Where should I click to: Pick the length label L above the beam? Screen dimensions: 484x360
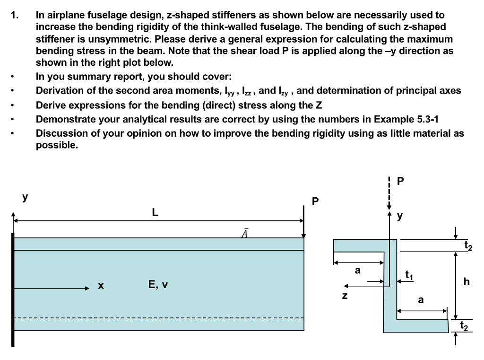(x=155, y=213)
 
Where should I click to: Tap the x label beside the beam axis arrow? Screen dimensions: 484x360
(x=100, y=286)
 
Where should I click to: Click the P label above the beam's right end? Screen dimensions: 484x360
(x=315, y=202)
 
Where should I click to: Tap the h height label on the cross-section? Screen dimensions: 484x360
(x=467, y=282)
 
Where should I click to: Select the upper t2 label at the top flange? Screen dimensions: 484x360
(x=468, y=245)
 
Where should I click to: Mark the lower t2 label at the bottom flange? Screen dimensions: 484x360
(x=466, y=325)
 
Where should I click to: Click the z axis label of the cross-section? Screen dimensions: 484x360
(x=345, y=297)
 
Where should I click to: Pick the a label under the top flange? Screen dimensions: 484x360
(x=358, y=270)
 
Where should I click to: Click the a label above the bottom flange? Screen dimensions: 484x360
(x=421, y=300)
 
